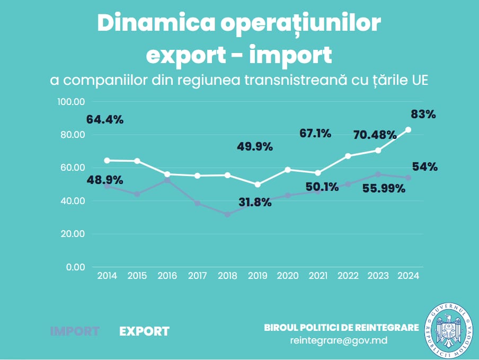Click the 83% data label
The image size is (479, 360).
pyautogui.click(x=423, y=114)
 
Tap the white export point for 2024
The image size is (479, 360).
pyautogui.click(x=409, y=129)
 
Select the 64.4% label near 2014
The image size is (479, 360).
pyautogui.click(x=105, y=119)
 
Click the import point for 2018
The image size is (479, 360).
pyautogui.click(x=227, y=214)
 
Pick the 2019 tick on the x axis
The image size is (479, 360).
pyautogui.click(x=258, y=276)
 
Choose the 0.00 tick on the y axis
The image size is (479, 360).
pyautogui.click(x=76, y=267)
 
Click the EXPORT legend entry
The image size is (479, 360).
pyautogui.click(x=144, y=331)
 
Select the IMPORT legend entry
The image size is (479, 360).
pyautogui.click(x=75, y=331)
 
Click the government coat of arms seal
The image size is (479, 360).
pyautogui.click(x=449, y=331)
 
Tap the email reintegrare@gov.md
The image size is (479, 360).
pyautogui.click(x=339, y=340)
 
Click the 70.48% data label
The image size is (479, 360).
pyautogui.click(x=375, y=135)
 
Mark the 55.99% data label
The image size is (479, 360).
pyautogui.click(x=383, y=188)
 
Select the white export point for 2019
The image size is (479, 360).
pyautogui.click(x=258, y=185)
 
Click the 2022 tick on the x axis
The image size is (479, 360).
pyautogui.click(x=348, y=276)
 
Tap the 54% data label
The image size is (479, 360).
pyautogui.click(x=425, y=166)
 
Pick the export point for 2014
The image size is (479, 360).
pyautogui.click(x=107, y=160)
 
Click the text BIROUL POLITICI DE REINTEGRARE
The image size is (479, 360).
pyautogui.click(x=341, y=328)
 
